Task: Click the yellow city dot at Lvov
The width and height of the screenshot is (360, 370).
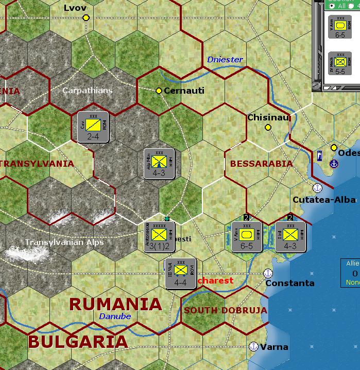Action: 86,18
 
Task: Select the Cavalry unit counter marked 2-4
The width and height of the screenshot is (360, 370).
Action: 93,127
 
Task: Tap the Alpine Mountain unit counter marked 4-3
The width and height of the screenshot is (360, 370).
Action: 159,164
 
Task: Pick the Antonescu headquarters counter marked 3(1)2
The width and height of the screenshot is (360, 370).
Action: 160,237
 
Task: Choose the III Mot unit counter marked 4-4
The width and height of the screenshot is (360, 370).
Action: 180,273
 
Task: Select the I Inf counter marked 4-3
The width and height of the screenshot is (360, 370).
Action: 290,237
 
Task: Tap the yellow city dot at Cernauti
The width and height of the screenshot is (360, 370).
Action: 159,91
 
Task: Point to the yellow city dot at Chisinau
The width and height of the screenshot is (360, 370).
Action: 268,127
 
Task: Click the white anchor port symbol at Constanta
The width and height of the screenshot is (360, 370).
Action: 267,273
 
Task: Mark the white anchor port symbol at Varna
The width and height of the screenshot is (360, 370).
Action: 253,346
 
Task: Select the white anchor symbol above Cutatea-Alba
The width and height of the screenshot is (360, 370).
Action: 317,188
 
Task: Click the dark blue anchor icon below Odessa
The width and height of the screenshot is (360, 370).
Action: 334,164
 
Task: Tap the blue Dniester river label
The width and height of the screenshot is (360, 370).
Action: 225,60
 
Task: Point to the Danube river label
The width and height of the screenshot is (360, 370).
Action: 115,316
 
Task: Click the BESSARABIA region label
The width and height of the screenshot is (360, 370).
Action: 261,164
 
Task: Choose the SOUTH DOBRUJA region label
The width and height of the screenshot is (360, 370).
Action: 225,310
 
